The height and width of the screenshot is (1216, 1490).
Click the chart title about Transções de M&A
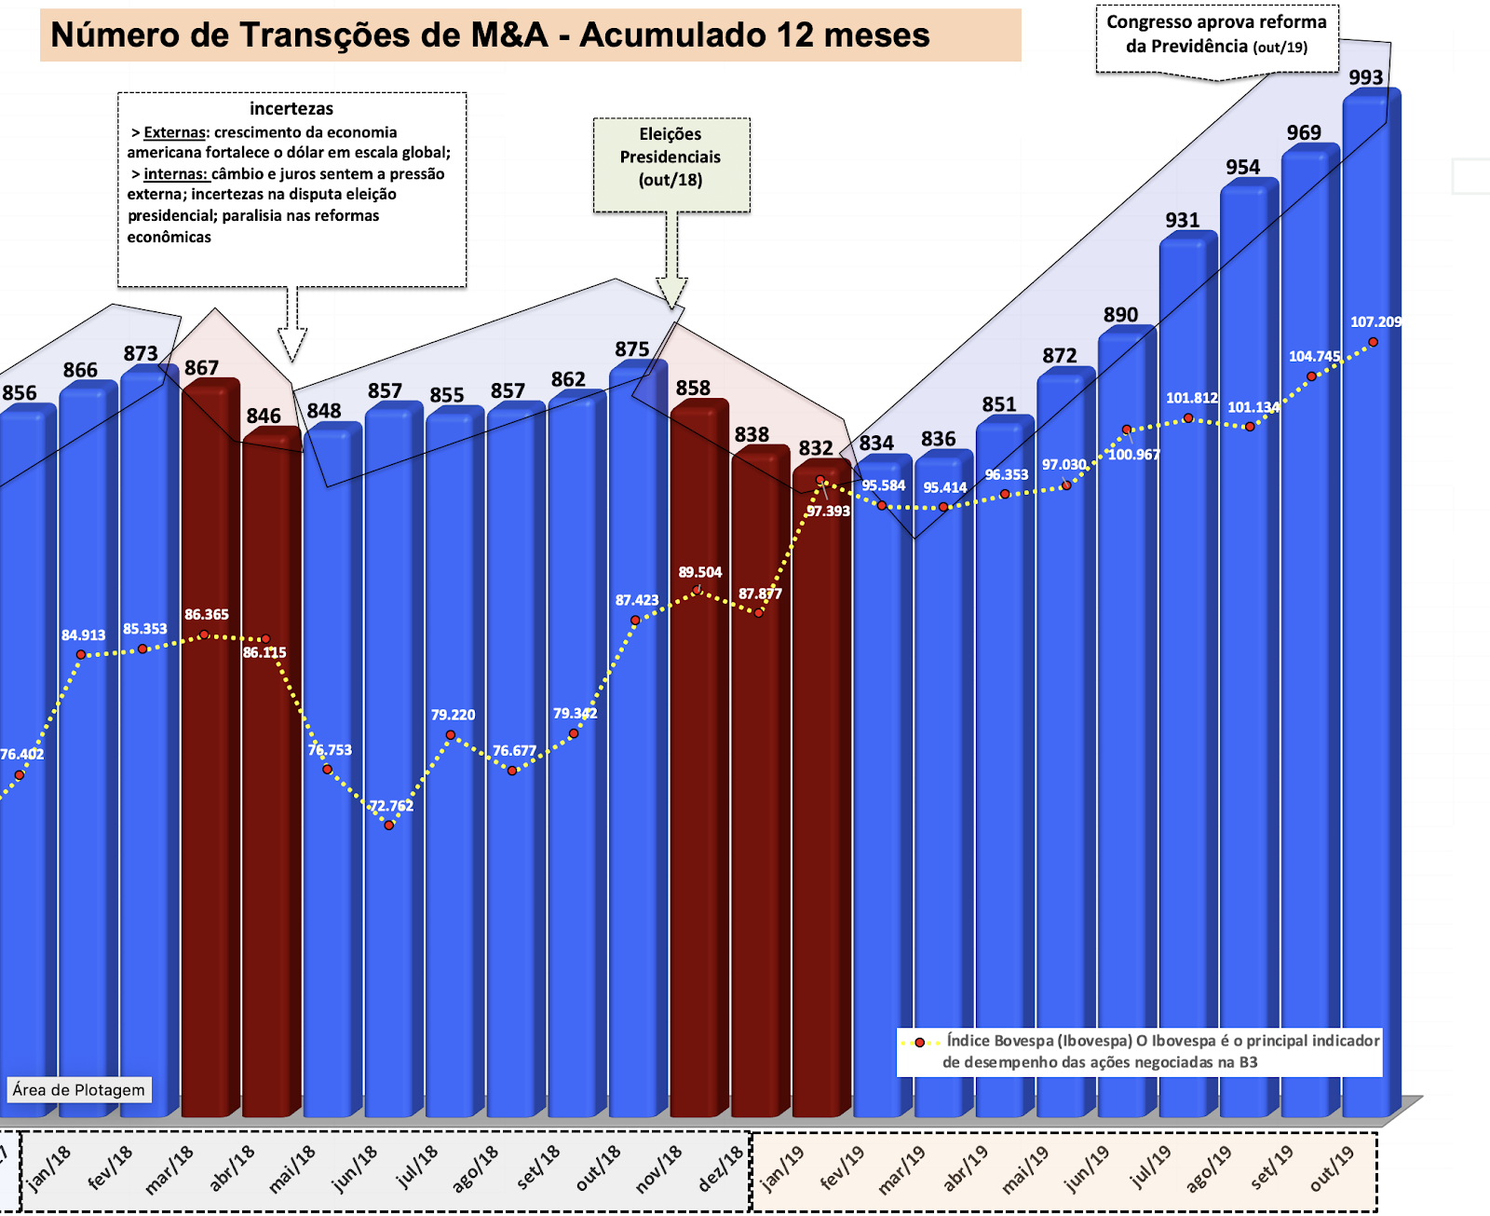[490, 35]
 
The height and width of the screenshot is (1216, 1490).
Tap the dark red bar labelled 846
[270, 773]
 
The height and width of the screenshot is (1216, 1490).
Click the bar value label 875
[631, 349]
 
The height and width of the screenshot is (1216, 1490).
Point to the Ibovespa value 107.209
[1375, 321]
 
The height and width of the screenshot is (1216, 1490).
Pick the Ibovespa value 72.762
[391, 805]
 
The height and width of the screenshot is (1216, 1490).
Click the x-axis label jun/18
[355, 1168]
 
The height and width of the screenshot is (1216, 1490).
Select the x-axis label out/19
[1332, 1168]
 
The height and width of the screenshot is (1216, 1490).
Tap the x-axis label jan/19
[782, 1168]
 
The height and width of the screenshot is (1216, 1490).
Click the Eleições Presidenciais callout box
[670, 164]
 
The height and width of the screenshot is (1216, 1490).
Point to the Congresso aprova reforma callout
[1216, 35]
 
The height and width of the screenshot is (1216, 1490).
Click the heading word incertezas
[291, 108]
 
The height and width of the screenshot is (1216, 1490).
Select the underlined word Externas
[174, 132]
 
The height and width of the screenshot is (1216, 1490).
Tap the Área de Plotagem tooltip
[78, 1089]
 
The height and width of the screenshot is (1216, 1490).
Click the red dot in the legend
[920, 1043]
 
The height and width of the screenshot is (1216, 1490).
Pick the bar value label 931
[1182, 220]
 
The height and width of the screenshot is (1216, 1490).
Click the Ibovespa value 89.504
[699, 572]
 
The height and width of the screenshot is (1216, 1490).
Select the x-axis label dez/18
[721, 1168]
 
